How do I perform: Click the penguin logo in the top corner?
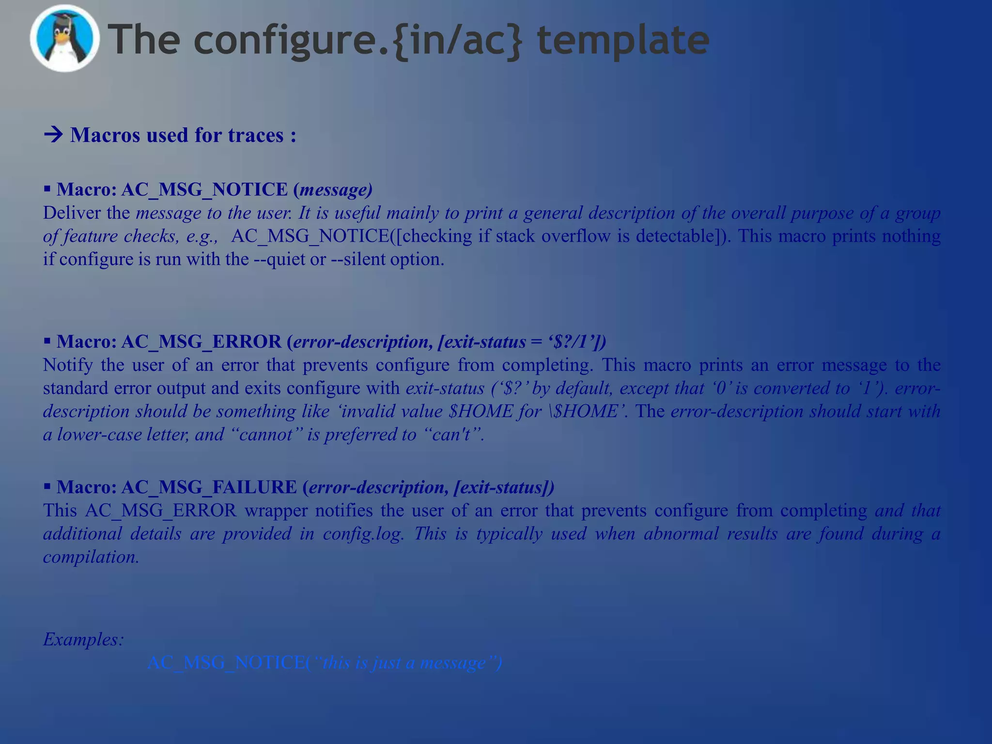point(64,39)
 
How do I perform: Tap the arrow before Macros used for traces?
point(53,135)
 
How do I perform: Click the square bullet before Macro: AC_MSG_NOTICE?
point(47,188)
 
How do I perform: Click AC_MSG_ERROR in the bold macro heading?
point(201,341)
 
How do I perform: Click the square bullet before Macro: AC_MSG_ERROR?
point(47,341)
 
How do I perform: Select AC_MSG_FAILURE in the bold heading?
point(209,487)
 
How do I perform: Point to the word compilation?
point(91,557)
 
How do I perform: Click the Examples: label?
point(83,639)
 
